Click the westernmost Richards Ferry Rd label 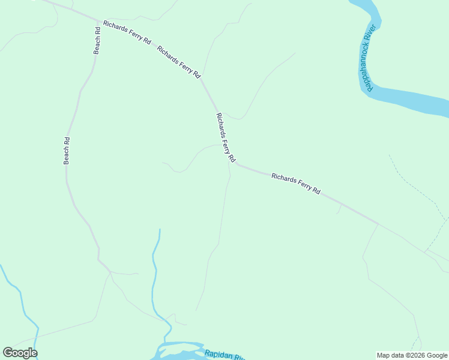click(x=127, y=31)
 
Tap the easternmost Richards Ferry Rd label click(x=296, y=183)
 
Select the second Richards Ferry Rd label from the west click(x=178, y=61)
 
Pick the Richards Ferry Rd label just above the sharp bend click(x=225, y=137)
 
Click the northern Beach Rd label click(x=97, y=40)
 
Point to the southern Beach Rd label click(x=67, y=151)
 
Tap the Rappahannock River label click(x=370, y=58)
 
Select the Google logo click(x=20, y=353)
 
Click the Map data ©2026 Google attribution click(x=412, y=355)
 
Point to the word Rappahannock click(x=369, y=65)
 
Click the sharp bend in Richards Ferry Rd click(x=236, y=163)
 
